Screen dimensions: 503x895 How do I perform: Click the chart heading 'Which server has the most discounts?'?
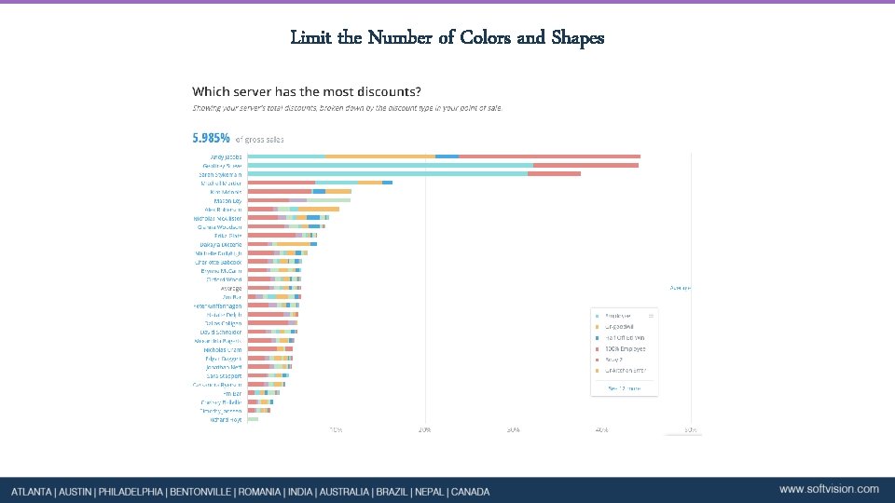(x=306, y=91)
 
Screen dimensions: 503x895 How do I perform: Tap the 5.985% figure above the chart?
(x=211, y=138)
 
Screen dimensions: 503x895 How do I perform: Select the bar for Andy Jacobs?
(x=444, y=156)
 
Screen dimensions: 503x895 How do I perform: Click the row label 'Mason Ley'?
(x=227, y=200)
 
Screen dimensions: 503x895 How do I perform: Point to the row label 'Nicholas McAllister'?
(x=217, y=218)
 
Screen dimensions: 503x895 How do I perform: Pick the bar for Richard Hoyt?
(x=253, y=419)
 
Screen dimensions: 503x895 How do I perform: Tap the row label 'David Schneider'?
(x=221, y=332)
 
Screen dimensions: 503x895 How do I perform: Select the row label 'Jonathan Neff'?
(x=224, y=367)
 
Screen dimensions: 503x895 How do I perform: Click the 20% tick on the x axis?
(x=424, y=429)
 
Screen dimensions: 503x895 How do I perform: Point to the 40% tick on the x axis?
(x=601, y=429)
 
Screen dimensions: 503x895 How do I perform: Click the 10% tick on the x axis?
(x=336, y=429)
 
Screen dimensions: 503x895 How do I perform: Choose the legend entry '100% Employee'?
(x=626, y=348)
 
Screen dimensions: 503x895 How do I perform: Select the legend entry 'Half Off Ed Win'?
(x=626, y=337)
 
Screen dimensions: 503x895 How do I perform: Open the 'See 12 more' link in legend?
(x=624, y=387)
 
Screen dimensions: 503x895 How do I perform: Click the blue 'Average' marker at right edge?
(x=681, y=288)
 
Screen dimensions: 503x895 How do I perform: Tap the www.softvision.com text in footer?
(x=829, y=489)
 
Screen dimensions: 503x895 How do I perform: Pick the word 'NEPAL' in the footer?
(x=427, y=492)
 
